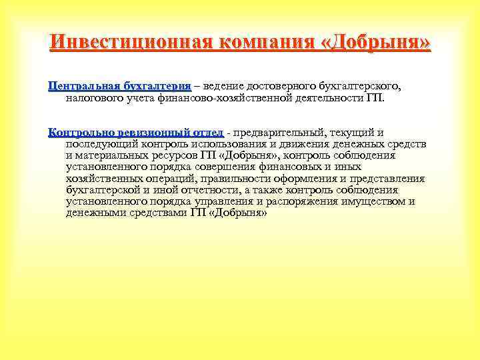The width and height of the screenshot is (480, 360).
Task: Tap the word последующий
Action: point(102,143)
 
